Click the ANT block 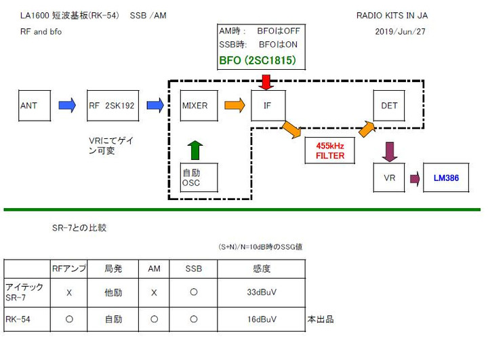[x=34, y=105]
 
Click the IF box [x=268, y=105]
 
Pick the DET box [x=390, y=105]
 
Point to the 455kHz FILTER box [x=329, y=150]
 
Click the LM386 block [x=446, y=178]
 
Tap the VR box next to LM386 [x=390, y=178]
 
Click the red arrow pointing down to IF [x=266, y=81]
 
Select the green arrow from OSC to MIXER [x=195, y=147]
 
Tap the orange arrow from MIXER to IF [x=235, y=105]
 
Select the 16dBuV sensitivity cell [x=261, y=318]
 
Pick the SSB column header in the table [x=194, y=268]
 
